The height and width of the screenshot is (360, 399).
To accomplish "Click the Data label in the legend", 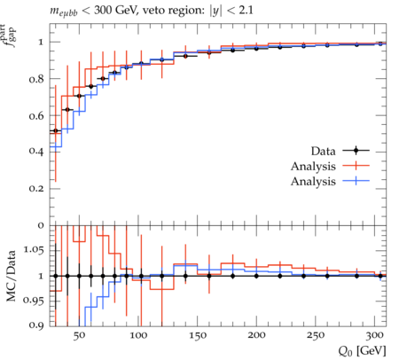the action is (x=323, y=151).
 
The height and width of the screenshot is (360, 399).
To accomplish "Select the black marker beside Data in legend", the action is (x=356, y=151).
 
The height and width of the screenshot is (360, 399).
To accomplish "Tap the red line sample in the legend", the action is (x=356, y=166).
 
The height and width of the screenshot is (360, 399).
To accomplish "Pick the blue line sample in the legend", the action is (x=356, y=181).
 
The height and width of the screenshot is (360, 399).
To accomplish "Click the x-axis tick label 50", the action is (x=79, y=336).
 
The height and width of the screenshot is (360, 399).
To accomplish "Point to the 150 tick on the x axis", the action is (x=198, y=336).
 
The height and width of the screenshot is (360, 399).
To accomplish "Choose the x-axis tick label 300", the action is (x=375, y=336).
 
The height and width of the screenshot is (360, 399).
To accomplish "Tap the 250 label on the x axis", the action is (x=316, y=336).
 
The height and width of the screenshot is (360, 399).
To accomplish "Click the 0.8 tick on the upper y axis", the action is (x=36, y=79).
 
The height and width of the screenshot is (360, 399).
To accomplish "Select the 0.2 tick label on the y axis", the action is (x=36, y=189).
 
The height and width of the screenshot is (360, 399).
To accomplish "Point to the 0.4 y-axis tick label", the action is (x=36, y=152).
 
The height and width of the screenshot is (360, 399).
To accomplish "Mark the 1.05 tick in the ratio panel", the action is (x=34, y=251).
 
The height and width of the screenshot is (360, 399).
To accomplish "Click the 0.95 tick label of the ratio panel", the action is (x=34, y=301).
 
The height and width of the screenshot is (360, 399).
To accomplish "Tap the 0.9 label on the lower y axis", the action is (x=36, y=325).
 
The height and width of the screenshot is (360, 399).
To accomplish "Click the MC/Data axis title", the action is (x=12, y=276).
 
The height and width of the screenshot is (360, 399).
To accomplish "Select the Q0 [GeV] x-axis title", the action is (x=362, y=351).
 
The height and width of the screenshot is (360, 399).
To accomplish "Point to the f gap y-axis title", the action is (x=10, y=36).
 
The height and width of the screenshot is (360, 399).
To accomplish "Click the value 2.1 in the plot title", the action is (x=246, y=11).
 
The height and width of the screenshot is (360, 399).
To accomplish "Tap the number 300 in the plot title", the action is (x=103, y=11).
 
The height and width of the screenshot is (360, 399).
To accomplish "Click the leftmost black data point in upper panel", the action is (x=56, y=130).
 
